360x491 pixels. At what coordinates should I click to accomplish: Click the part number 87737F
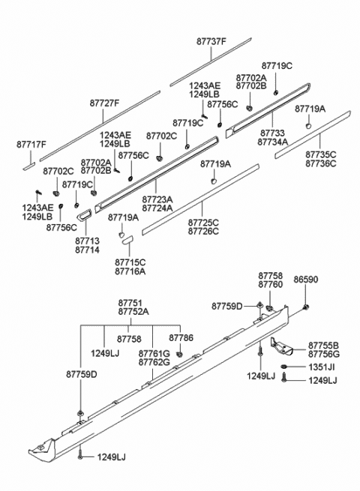coord(211,41)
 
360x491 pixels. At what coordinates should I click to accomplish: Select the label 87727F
coord(104,103)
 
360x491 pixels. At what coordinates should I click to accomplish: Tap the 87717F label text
coord(31,145)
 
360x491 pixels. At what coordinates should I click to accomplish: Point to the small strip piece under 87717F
coord(28,166)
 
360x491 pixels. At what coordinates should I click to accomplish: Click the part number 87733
coord(271,133)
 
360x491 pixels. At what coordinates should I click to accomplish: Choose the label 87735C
coord(321,154)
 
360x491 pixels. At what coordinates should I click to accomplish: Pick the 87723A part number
coord(157,199)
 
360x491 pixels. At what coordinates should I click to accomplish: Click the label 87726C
coord(203,231)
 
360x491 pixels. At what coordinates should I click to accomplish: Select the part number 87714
coord(87,250)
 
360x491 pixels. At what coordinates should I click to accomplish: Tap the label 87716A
coord(130,271)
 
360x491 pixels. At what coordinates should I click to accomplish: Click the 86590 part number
coord(305,280)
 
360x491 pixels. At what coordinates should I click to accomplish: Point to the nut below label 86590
coord(306,307)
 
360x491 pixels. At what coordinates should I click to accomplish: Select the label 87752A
coord(133,312)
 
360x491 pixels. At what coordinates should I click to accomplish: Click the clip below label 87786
coord(179,355)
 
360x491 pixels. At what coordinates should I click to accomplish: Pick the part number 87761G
coord(154,354)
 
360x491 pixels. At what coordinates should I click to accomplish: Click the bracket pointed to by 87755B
coord(281,347)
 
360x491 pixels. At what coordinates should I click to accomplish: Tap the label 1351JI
coord(322,367)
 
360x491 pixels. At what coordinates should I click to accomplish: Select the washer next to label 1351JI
coord(284,367)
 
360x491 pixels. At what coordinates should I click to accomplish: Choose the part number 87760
coord(271,284)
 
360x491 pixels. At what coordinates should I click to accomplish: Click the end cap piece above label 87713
coord(84,214)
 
